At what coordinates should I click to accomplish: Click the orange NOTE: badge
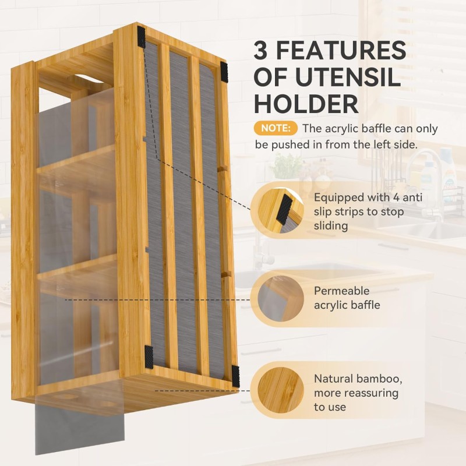click(276, 128)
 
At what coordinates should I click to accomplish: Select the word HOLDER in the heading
click(306, 104)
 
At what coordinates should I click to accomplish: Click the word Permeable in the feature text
click(342, 291)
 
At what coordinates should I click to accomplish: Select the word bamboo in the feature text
click(381, 379)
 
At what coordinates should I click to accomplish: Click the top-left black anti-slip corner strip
click(142, 37)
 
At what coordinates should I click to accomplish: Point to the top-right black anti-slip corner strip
click(224, 72)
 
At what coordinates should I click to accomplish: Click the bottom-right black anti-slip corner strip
click(235, 375)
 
